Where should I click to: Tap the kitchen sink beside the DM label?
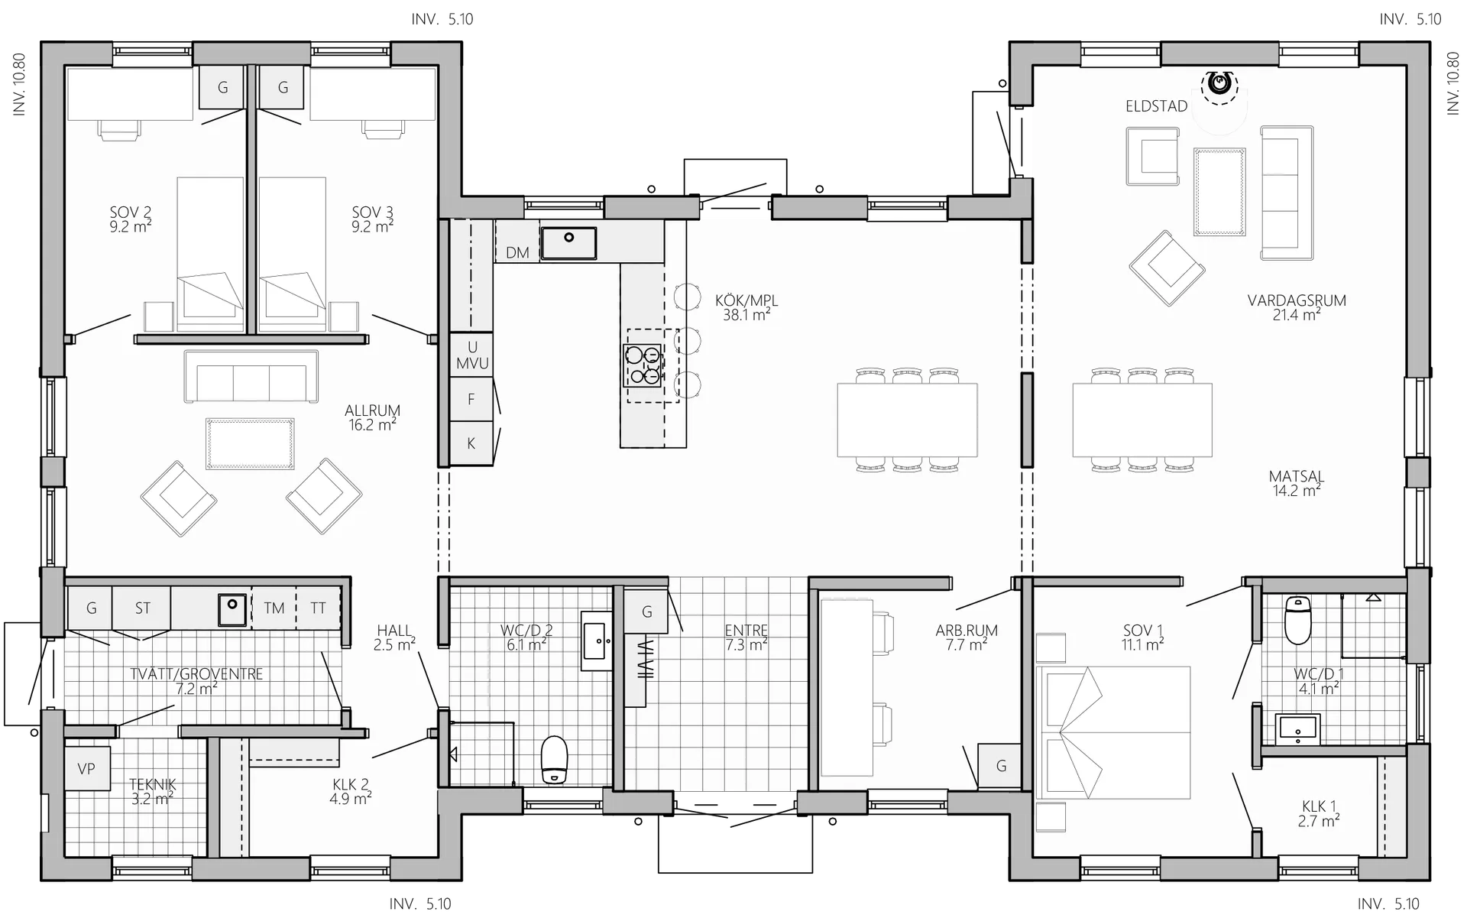568,243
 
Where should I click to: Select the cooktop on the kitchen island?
643,365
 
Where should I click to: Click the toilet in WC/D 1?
1298,620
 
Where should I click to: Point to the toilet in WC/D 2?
554,760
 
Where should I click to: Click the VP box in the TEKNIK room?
87,768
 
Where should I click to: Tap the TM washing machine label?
274,608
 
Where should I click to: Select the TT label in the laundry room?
318,608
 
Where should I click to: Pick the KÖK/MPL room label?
746,307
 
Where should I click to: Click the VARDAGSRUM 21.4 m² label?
1297,307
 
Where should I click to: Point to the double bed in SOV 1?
1113,732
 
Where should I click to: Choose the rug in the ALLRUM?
250,443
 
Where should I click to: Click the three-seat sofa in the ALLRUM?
251,377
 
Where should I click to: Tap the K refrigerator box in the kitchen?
471,443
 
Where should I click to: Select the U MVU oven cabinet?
471,355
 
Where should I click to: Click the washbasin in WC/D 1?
1298,729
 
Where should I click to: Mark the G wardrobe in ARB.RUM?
1000,766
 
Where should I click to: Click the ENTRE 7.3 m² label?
746,637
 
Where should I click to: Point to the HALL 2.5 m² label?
394,637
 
